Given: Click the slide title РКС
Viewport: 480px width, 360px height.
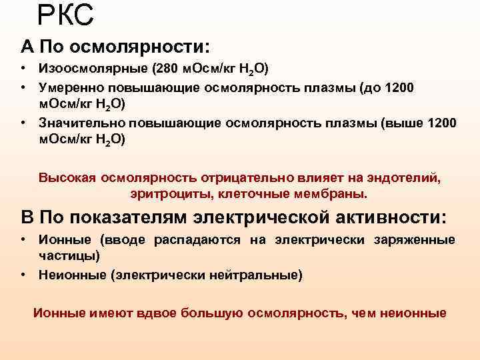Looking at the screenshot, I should pos(65,15).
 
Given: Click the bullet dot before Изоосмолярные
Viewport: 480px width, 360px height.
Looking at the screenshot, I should pos(23,69).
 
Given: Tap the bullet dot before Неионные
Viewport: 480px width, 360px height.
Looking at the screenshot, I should pos(23,274).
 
